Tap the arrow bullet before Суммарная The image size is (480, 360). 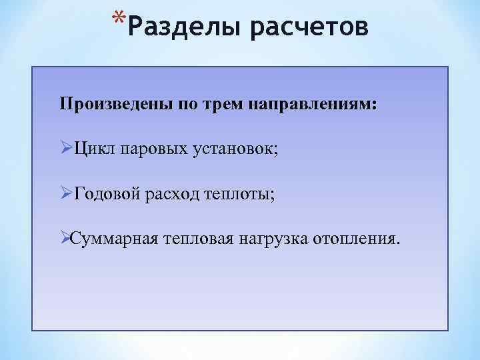[x=65, y=238]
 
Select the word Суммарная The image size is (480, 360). [x=113, y=238]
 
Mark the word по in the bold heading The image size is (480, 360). [x=187, y=105]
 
